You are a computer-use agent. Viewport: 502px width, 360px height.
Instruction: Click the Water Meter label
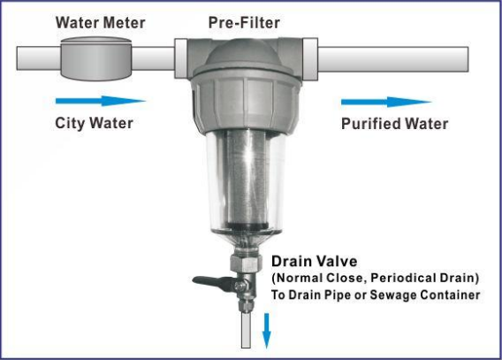click(x=100, y=23)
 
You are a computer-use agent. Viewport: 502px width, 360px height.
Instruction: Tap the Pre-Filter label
click(x=244, y=23)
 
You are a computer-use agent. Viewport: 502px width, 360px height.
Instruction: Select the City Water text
click(x=94, y=123)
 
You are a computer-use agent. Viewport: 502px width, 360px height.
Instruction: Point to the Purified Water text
click(x=394, y=124)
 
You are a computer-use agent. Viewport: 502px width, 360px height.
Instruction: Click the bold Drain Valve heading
click(x=314, y=261)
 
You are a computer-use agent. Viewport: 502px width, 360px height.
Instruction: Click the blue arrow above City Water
click(x=101, y=101)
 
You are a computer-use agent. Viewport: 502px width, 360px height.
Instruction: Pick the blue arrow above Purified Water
click(x=386, y=103)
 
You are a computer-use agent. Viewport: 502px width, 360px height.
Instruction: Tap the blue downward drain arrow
click(x=266, y=331)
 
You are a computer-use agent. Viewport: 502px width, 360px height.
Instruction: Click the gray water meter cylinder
click(x=95, y=58)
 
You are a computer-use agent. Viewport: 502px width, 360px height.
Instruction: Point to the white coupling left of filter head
click(x=181, y=58)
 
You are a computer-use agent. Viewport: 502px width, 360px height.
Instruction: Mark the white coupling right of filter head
click(x=310, y=59)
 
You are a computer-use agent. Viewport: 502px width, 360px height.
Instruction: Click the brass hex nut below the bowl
click(x=245, y=264)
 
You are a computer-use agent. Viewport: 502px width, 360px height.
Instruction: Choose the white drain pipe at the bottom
click(x=246, y=330)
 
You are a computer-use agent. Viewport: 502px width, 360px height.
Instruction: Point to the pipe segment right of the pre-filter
click(x=393, y=59)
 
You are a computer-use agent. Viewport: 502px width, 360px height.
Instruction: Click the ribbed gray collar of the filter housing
click(x=246, y=101)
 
